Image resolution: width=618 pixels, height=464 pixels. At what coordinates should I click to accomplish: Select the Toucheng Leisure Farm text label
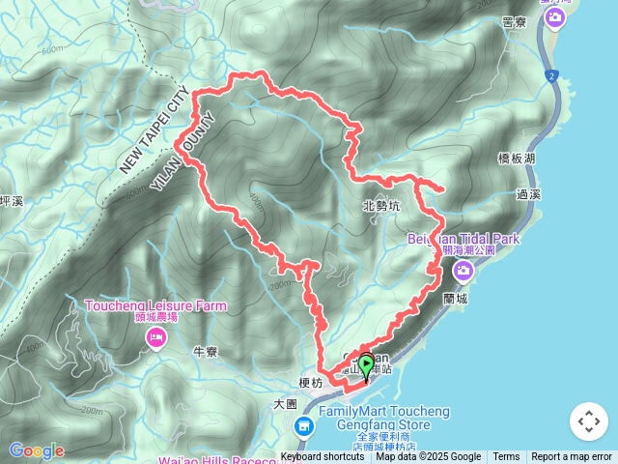coord(155,306)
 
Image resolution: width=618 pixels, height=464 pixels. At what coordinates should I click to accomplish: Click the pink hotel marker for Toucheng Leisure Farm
coord(154,336)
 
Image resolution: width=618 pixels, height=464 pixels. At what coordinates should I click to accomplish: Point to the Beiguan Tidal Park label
coord(463,238)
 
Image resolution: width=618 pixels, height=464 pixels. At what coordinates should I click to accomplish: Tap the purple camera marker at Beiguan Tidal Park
coord(463,271)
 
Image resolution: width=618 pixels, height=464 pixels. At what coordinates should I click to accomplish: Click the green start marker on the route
coord(366,366)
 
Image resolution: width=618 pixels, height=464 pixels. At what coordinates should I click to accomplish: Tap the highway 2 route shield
coord(551,75)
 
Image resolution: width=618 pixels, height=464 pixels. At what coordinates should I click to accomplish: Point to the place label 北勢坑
coord(380,205)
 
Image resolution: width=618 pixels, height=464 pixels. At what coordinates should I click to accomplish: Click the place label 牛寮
coord(208,351)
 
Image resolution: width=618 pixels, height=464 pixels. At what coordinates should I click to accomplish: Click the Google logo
coord(37,450)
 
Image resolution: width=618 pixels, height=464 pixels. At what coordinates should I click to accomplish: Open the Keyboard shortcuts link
coord(323,457)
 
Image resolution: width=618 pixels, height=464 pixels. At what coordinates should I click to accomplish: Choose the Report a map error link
coord(572,457)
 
